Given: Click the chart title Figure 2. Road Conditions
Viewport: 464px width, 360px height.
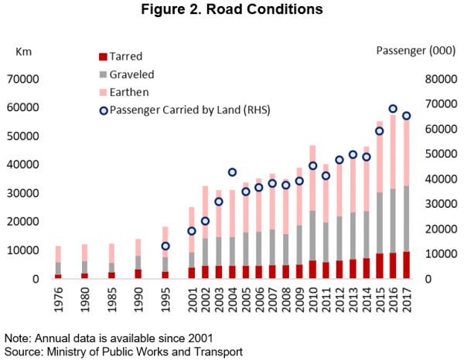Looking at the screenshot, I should click(231, 11).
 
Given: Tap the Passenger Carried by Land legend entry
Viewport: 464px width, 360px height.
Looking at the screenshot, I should click(186, 110).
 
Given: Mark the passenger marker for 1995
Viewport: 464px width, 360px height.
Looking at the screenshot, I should click(165, 246).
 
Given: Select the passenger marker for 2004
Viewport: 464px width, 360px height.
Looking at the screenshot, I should click(232, 172).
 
